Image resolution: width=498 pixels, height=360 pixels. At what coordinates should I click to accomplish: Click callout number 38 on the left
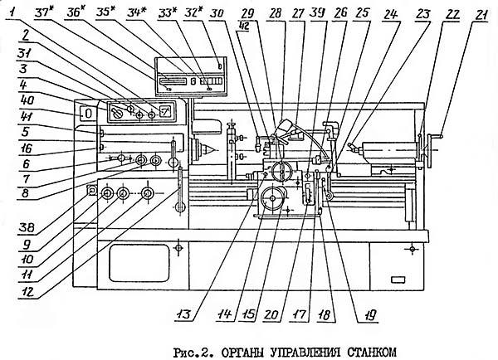pos(27,227)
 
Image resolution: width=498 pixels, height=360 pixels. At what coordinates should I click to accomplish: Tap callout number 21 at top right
pos(480,15)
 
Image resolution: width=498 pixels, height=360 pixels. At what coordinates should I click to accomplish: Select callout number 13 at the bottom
pos(183,314)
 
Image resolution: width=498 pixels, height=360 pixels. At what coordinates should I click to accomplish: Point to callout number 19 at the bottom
pos(369,315)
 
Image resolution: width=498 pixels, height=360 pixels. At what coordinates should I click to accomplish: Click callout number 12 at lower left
pos(27,291)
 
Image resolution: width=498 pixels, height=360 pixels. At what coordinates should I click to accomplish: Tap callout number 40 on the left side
pos(27,100)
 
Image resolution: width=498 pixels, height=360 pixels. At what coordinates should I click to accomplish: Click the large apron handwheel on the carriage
pos(273,198)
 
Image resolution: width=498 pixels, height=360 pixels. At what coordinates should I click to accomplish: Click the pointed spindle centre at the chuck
pos(208,148)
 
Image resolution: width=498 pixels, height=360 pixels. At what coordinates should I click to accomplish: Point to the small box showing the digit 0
pos(87,114)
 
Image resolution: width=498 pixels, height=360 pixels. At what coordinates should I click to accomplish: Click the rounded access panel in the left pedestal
pos(139,263)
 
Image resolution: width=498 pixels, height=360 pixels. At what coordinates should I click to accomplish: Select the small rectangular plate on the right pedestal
pos(398,280)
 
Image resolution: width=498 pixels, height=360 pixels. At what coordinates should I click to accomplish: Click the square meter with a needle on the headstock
pos(166,111)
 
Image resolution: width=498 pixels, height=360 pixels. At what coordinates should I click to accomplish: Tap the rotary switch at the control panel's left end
pos(116,113)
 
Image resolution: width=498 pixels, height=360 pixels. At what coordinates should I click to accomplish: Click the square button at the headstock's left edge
pos(91,190)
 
